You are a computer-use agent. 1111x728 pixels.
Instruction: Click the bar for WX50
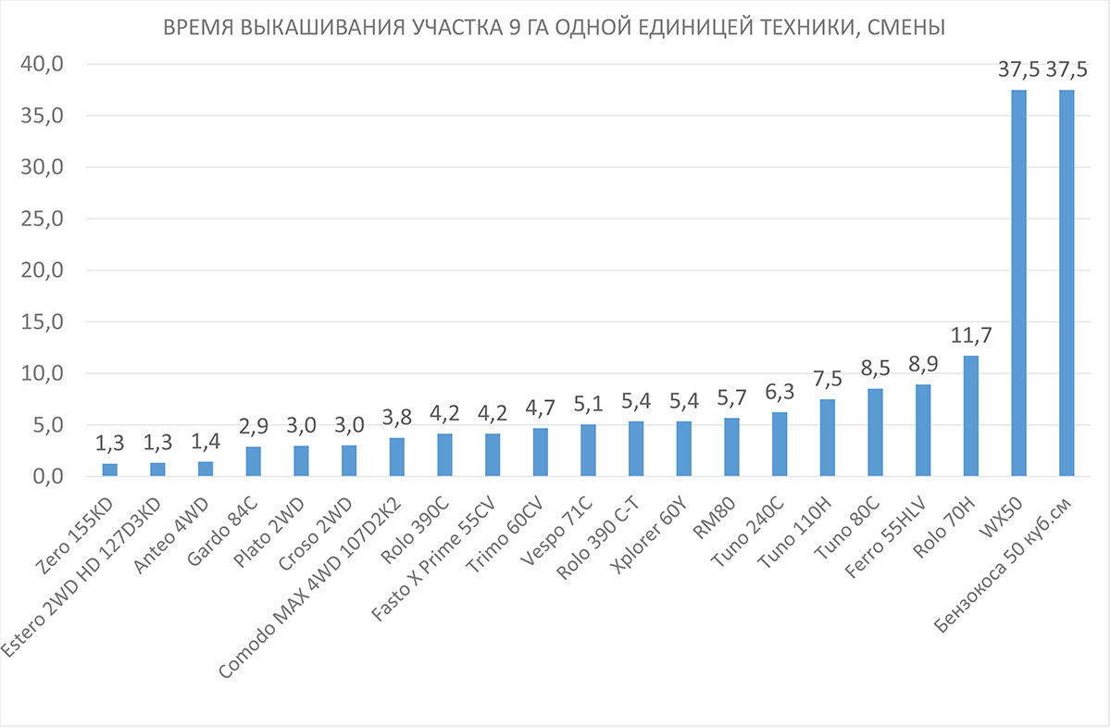pyautogui.click(x=1018, y=283)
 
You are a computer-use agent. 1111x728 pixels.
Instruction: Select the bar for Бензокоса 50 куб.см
pyautogui.click(x=1067, y=283)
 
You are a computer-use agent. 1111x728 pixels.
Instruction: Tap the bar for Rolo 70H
pyautogui.click(x=971, y=416)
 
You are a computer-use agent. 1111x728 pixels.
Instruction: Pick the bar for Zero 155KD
pyautogui.click(x=109, y=470)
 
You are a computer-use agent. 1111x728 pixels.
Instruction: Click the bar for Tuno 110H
pyautogui.click(x=827, y=438)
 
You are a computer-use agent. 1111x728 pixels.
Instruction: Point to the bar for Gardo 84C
pyautogui.click(x=253, y=461)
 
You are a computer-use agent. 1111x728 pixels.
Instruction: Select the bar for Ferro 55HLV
pyautogui.click(x=923, y=431)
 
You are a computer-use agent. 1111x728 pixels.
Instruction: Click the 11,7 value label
pyautogui.click(x=971, y=335)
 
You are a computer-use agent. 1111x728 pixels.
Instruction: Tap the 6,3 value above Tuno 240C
pyautogui.click(x=779, y=392)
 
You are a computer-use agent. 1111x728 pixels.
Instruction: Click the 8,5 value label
pyautogui.click(x=875, y=369)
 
